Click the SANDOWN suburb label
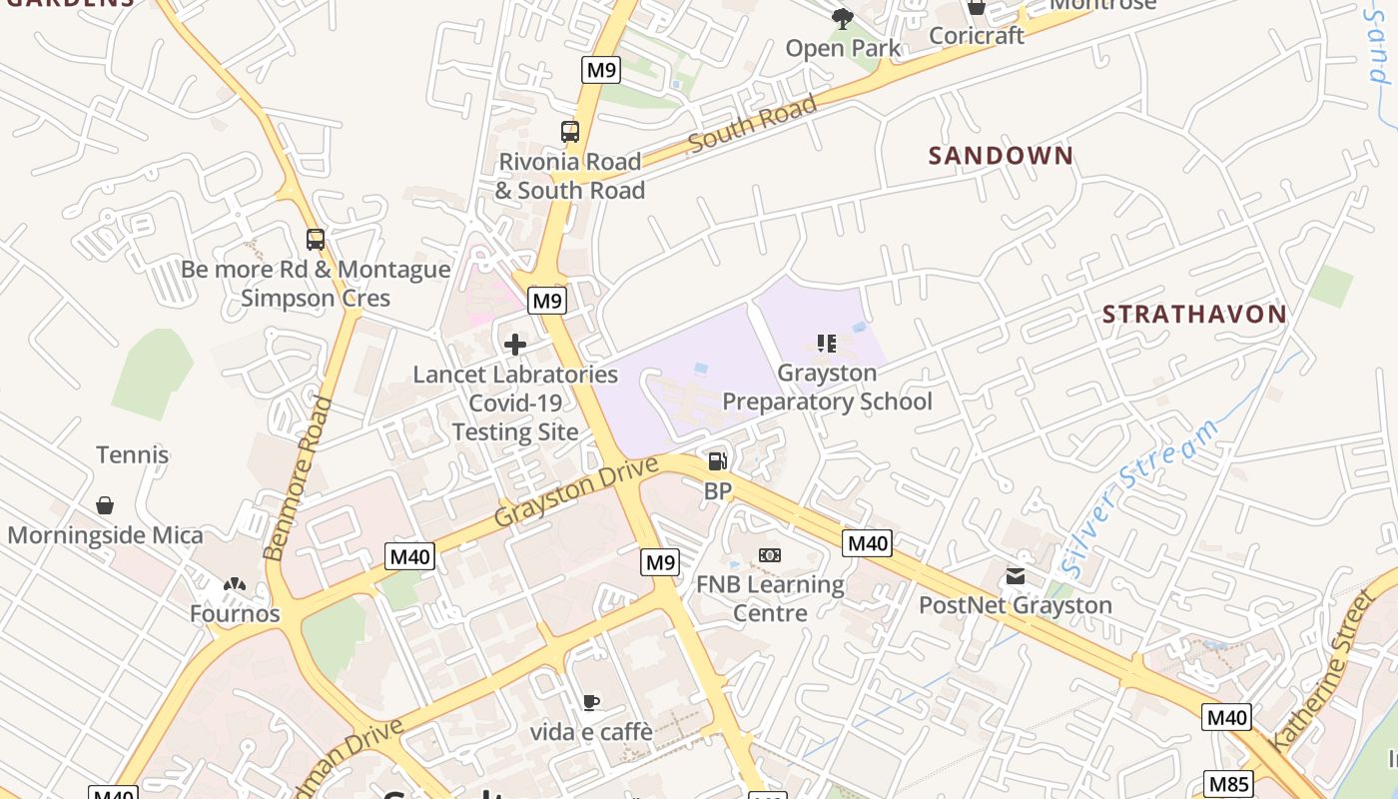point(1001,156)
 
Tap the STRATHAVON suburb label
point(1194,315)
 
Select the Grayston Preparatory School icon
point(826,345)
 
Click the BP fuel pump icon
point(717,461)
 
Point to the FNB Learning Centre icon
point(769,555)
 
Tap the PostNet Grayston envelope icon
point(1016,576)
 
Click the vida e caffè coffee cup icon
point(591,703)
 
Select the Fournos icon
point(235,584)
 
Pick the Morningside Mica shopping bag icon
point(105,505)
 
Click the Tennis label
point(133,455)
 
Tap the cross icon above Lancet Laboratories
point(515,346)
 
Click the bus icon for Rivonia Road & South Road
point(570,132)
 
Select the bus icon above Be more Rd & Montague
point(316,240)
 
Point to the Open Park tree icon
point(843,18)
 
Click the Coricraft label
point(977,36)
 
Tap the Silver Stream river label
point(1140,497)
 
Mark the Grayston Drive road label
point(576,492)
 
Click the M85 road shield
point(1227,784)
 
